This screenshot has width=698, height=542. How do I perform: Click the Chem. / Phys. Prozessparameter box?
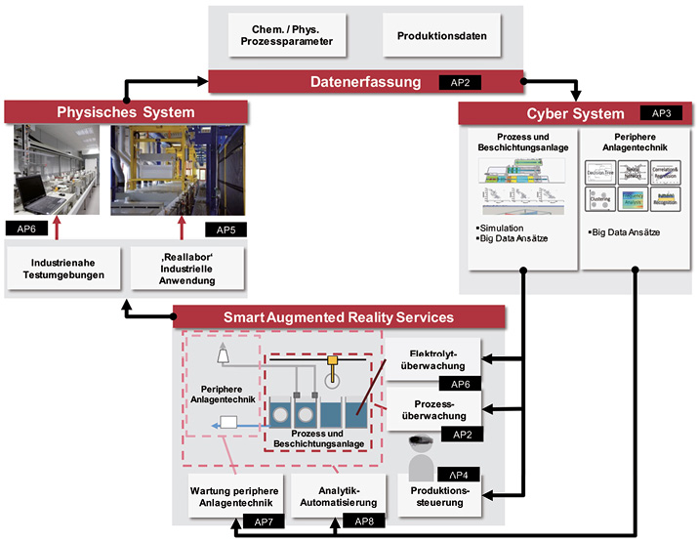click(x=278, y=36)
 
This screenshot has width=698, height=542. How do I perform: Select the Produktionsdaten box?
click(x=442, y=36)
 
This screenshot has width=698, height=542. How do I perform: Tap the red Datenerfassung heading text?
click(x=350, y=82)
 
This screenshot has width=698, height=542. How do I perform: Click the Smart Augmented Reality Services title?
click(x=338, y=317)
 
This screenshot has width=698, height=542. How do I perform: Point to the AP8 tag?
click(x=365, y=522)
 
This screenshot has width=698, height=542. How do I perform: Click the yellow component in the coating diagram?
click(x=334, y=363)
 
